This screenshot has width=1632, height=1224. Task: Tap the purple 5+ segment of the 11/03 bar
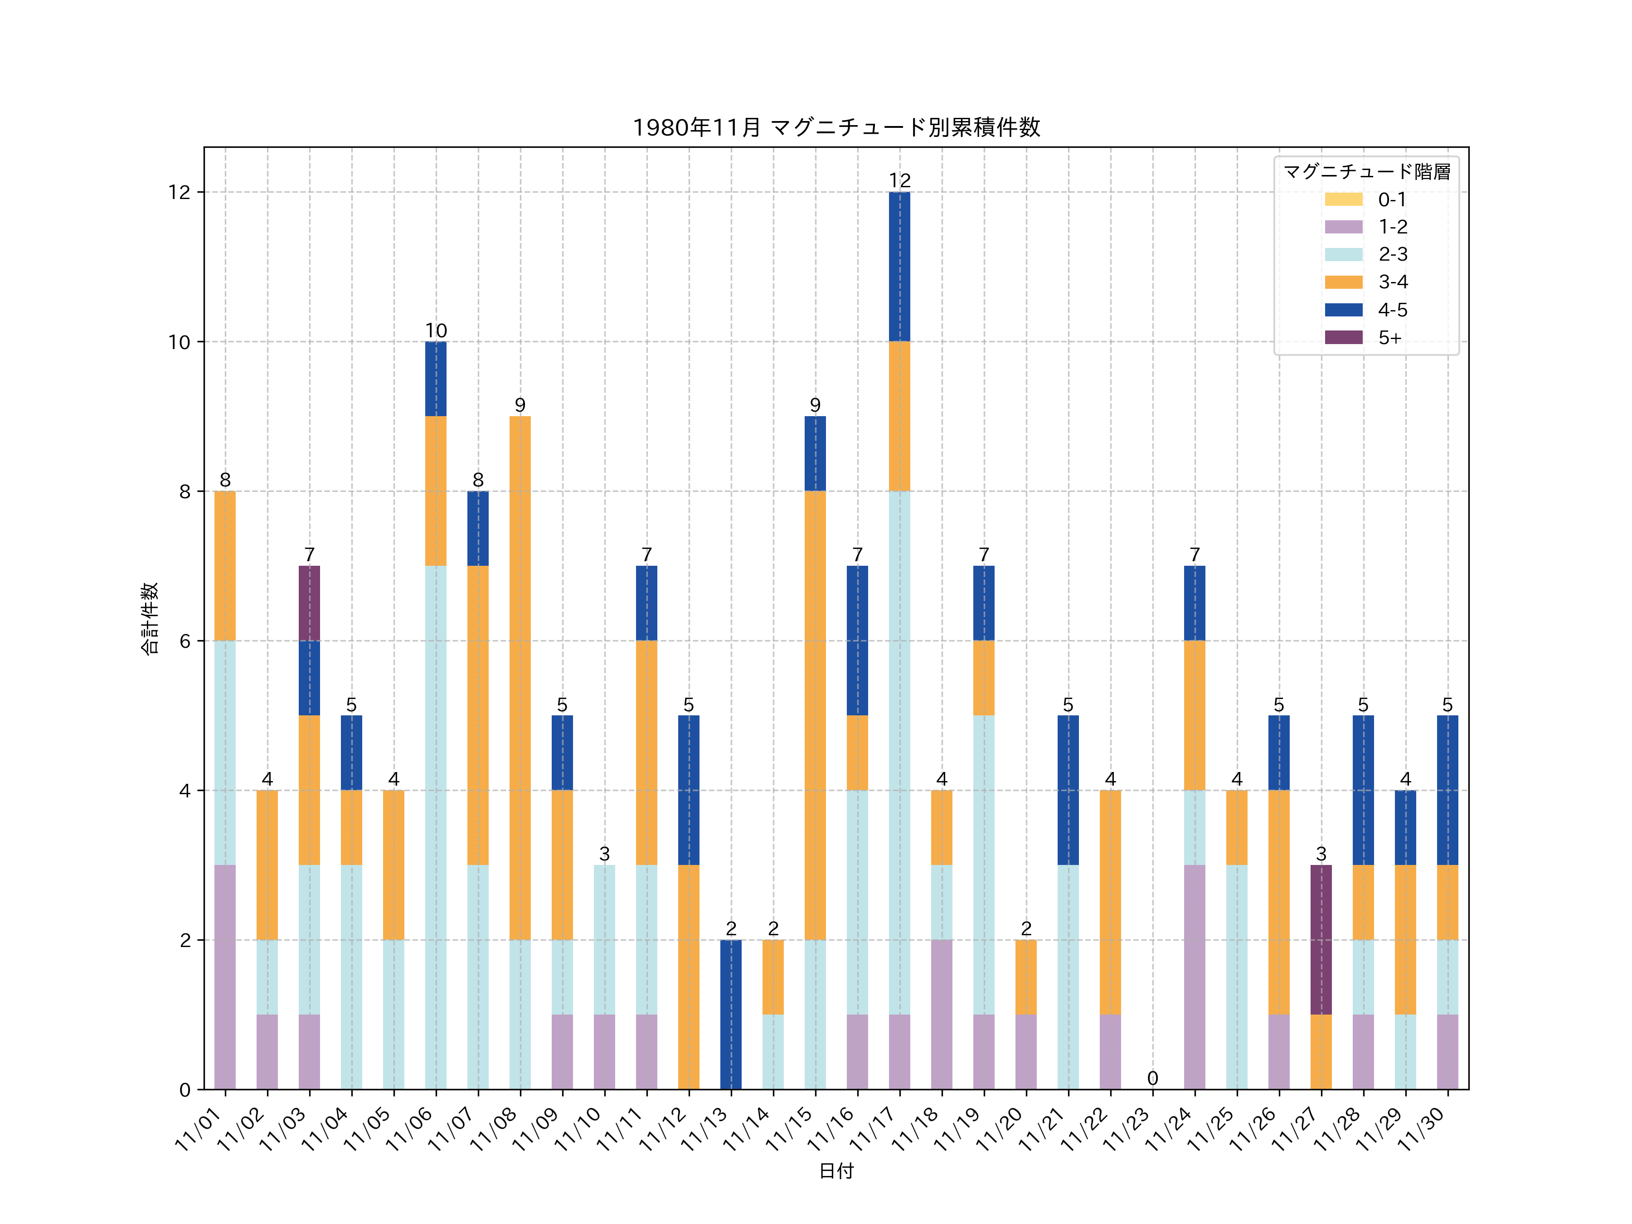coord(309,603)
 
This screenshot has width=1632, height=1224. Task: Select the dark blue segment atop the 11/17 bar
coord(899,267)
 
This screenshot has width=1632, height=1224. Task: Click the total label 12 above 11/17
coord(899,181)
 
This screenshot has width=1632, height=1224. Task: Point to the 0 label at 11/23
coord(1152,1078)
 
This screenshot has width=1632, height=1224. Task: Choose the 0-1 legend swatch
coord(1344,199)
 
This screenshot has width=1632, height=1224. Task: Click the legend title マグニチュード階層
coord(1366,172)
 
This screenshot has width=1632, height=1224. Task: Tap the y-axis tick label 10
coord(179,342)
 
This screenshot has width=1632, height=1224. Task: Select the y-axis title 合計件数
coord(150,618)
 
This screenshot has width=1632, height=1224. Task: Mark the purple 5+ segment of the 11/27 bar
coord(1321,939)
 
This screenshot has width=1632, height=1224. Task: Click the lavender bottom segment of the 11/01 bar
coord(225,977)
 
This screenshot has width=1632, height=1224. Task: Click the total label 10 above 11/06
coord(436,330)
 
